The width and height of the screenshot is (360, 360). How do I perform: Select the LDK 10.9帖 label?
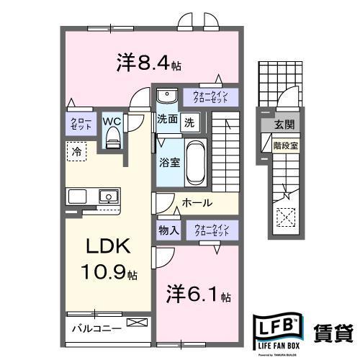click(x=109, y=258)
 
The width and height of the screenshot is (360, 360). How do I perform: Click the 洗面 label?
click(x=168, y=121)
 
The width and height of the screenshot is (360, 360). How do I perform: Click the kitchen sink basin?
click(x=109, y=196)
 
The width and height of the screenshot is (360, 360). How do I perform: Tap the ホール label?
click(x=197, y=203)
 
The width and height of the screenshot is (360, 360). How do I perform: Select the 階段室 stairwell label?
click(x=285, y=144)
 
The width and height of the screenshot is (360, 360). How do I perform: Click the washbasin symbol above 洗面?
click(x=166, y=96)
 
